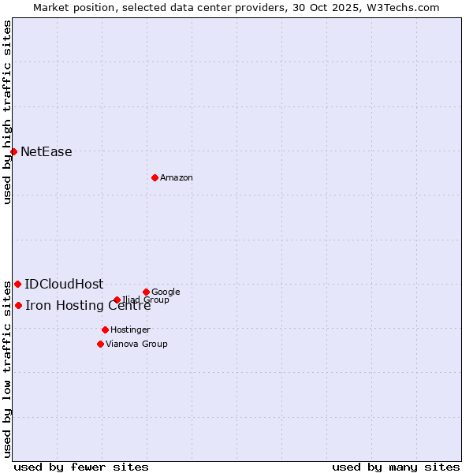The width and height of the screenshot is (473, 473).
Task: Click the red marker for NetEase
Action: [x=13, y=151]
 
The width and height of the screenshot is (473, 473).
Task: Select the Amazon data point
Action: [x=155, y=177]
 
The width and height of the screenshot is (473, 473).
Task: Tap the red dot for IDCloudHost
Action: [x=17, y=284]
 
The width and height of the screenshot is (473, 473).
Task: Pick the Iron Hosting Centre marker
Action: [x=18, y=305]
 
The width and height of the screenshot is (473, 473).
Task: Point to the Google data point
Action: [x=146, y=292]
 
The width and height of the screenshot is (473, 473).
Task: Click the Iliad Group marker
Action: [x=117, y=300]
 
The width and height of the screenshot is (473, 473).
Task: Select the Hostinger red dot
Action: [x=105, y=330]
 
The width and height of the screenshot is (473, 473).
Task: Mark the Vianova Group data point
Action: [x=100, y=344]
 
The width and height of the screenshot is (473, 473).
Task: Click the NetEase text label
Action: [x=46, y=152]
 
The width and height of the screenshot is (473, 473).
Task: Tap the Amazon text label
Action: [x=177, y=178]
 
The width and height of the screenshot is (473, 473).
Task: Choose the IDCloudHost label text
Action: [x=64, y=285]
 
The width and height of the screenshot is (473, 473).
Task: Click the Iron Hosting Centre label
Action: [x=88, y=306]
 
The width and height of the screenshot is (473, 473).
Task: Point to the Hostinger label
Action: [x=130, y=330]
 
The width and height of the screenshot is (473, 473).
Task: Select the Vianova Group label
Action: [x=136, y=345]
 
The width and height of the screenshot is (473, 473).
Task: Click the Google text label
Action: [x=166, y=292]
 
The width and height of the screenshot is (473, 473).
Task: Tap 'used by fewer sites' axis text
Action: [x=81, y=467]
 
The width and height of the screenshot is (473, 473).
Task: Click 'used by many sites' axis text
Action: [x=396, y=467]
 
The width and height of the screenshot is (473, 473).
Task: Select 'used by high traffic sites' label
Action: [x=7, y=112]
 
